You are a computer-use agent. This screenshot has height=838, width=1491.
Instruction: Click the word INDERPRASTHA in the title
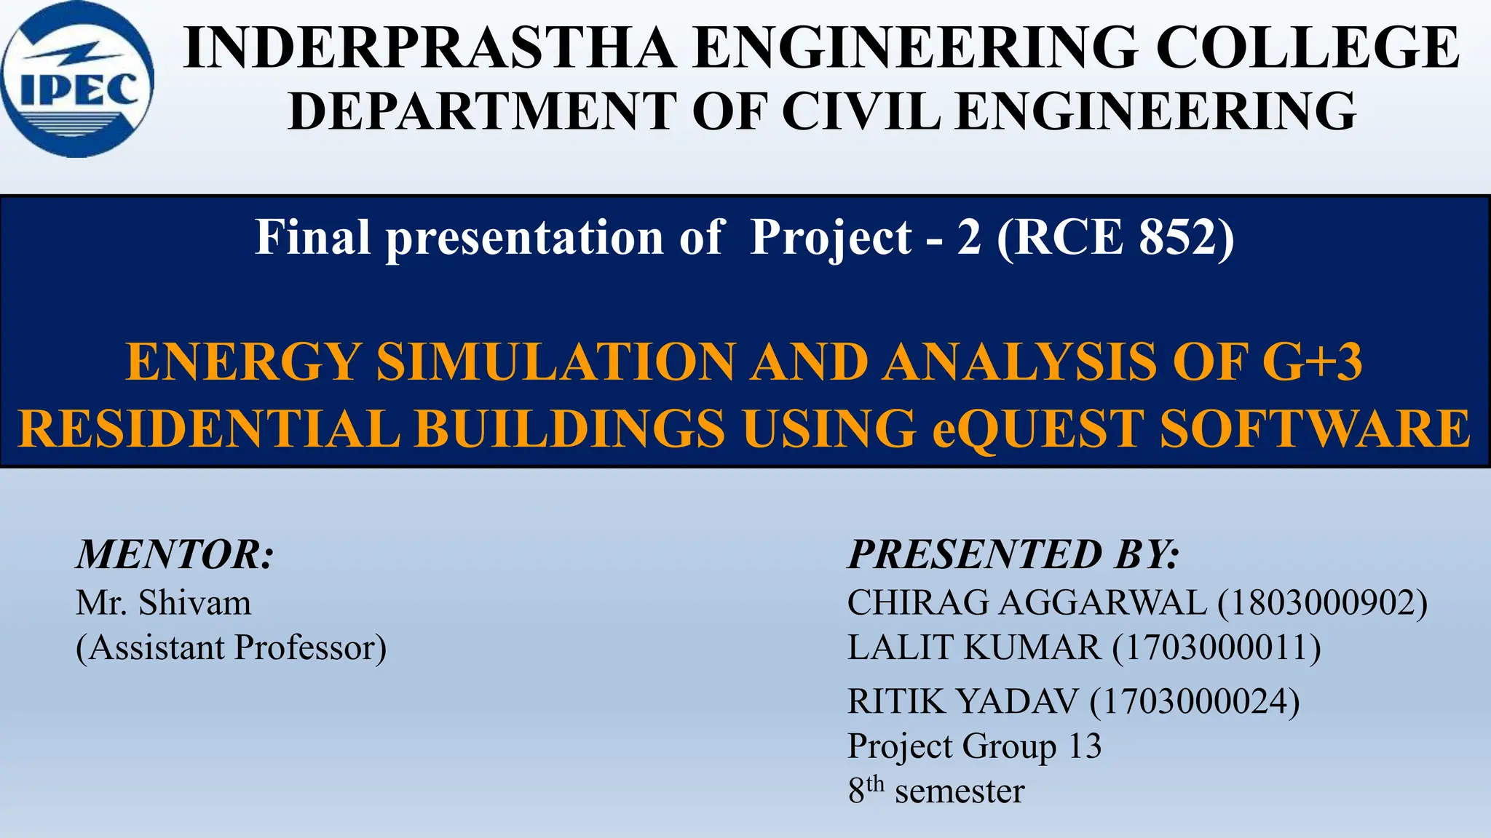(430, 48)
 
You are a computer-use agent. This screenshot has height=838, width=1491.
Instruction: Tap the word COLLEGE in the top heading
(1307, 48)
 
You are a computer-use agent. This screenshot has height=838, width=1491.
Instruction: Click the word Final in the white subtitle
(313, 237)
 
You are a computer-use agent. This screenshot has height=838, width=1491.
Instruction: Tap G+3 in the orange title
(1312, 362)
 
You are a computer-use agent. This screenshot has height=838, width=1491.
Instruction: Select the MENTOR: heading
(175, 554)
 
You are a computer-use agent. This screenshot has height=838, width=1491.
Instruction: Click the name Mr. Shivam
(164, 603)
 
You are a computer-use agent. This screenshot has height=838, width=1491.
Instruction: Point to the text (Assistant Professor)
(232, 647)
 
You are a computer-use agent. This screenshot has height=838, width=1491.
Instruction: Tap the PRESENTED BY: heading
(1013, 554)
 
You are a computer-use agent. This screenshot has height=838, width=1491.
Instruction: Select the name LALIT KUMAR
(974, 647)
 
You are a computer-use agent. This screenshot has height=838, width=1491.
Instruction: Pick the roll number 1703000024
(1195, 701)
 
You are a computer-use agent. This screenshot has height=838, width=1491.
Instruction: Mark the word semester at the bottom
(960, 791)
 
